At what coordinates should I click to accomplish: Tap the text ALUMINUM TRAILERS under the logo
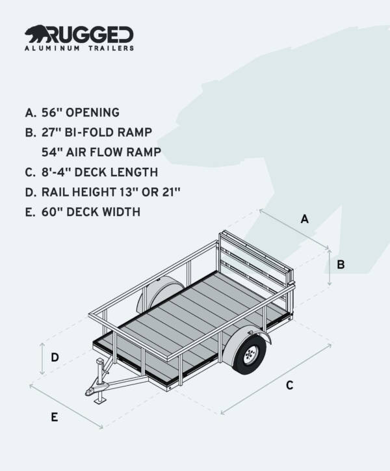tap(79, 48)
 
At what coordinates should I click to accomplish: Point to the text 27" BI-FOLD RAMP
tap(89, 132)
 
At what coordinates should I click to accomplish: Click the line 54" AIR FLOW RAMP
tap(101, 152)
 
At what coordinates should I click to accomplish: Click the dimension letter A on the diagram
tap(304, 219)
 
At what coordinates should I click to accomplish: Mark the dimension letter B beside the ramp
tap(341, 265)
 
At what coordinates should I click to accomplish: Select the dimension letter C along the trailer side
tap(290, 385)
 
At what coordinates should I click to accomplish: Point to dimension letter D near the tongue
tap(55, 357)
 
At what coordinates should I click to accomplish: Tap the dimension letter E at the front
tap(55, 417)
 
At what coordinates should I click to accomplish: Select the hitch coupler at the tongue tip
tap(91, 392)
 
